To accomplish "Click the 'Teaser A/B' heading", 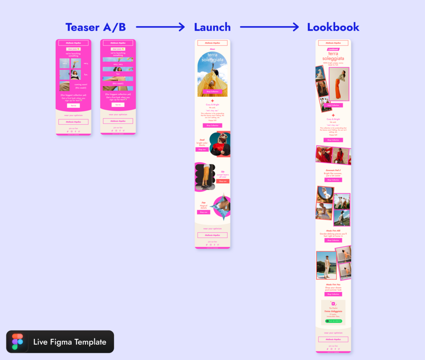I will point(96,27).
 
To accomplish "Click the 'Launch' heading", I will point(212,27).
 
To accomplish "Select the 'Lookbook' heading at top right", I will point(333,27).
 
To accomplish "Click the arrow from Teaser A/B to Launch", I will point(160,27).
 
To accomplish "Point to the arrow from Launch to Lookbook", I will point(269,27).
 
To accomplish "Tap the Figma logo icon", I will point(18,342).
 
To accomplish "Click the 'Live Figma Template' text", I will point(70,342).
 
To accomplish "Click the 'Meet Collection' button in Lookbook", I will point(333,105).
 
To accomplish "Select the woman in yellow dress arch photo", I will point(212,74).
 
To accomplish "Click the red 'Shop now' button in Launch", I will point(223,181).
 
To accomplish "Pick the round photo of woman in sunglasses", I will point(220,145).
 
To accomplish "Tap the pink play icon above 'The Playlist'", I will point(333,304).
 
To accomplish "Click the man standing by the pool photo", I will point(326,265).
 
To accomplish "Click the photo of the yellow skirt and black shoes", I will point(205,177).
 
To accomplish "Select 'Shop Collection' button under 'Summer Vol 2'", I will point(333,180).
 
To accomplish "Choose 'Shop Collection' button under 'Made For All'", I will point(333,240).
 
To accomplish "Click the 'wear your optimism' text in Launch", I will point(212,228).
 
